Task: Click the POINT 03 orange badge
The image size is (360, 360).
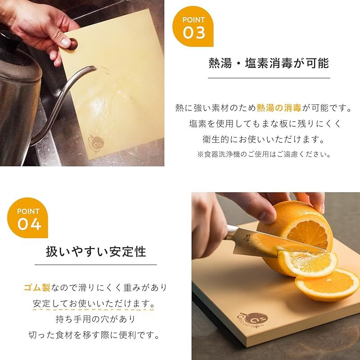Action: pyautogui.click(x=193, y=26)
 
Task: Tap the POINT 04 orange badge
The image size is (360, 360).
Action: pyautogui.click(x=27, y=218)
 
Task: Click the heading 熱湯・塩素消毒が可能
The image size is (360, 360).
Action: pyautogui.click(x=269, y=63)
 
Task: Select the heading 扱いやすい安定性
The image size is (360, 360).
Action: pyautogui.click(x=96, y=252)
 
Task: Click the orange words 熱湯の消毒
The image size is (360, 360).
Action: pyautogui.click(x=279, y=108)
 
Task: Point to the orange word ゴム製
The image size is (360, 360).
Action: pyautogui.click(x=37, y=287)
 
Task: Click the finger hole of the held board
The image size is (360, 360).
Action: pyautogui.click(x=73, y=44)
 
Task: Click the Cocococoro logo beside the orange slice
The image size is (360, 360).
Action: pyautogui.click(x=252, y=319)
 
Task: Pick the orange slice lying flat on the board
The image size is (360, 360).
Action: pyautogui.click(x=327, y=285)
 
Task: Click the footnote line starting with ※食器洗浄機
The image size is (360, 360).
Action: pyautogui.click(x=264, y=154)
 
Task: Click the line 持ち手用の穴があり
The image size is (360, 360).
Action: pyautogui.click(x=95, y=319)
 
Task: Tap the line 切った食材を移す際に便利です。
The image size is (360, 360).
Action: pyautogui.click(x=94, y=335)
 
